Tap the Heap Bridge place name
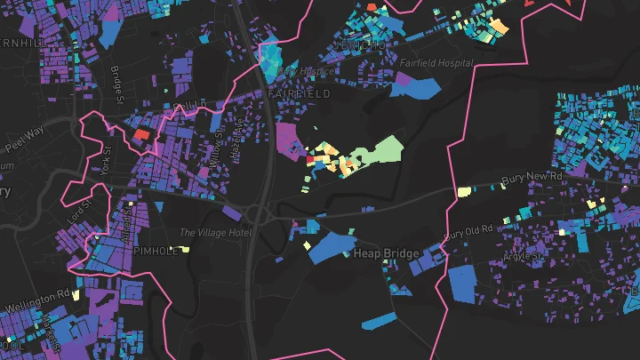tap(387, 254)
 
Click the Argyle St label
tap(524, 256)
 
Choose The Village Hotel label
tap(215, 233)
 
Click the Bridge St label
tap(116, 83)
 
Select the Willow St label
tap(219, 145)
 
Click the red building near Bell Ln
tap(141, 135)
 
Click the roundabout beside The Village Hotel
tap(259, 213)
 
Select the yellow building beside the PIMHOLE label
tap(187, 250)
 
